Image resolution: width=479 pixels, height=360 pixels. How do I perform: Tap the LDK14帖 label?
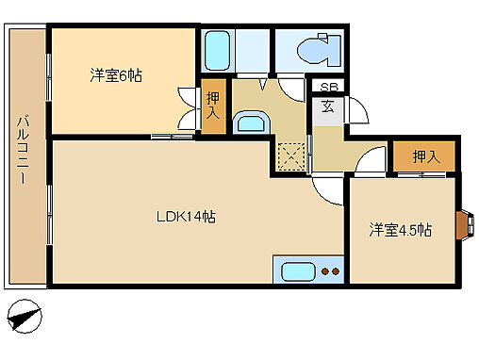pos(186,217)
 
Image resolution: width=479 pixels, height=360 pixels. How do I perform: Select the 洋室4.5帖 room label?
pos(400,229)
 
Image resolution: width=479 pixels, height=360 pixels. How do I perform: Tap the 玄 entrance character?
pos(326,106)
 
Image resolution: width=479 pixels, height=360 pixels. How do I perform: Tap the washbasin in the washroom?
pos(250,123)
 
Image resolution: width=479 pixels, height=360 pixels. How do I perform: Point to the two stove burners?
pos(330,272)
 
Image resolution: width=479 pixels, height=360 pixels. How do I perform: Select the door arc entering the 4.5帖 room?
pos(370,164)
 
